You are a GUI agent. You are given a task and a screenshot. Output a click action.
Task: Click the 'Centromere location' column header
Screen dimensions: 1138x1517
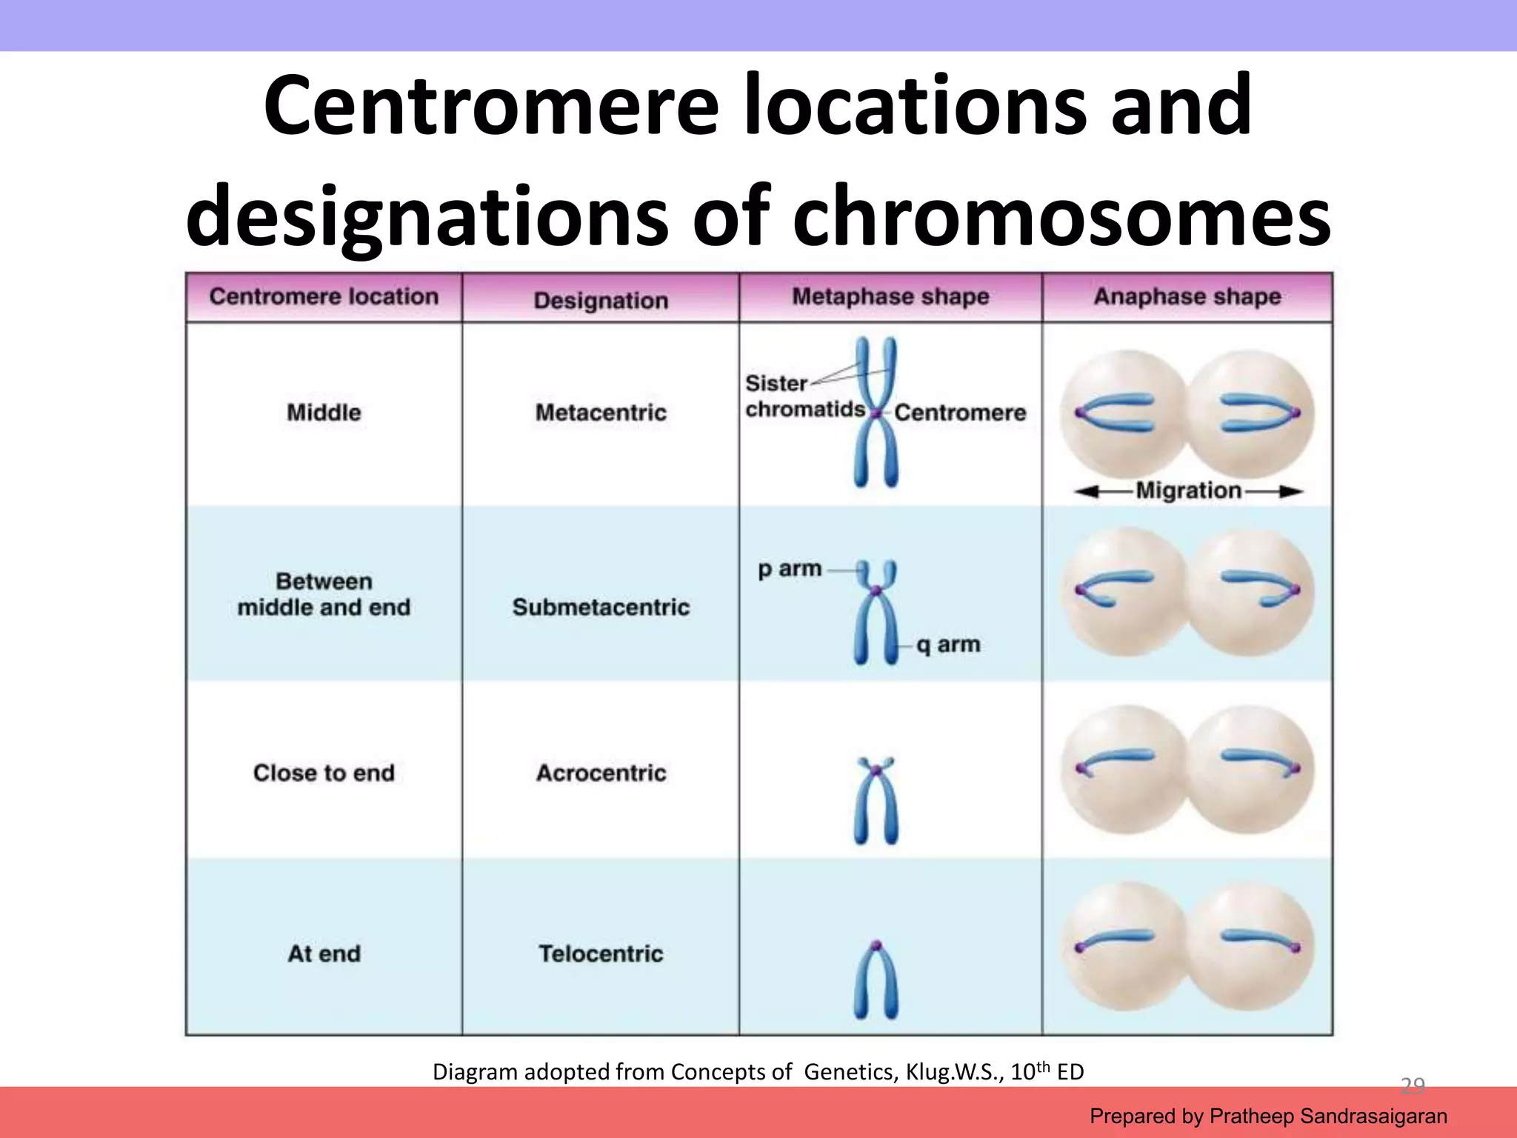(x=324, y=296)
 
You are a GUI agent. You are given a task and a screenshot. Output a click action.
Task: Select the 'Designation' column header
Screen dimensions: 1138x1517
(x=601, y=300)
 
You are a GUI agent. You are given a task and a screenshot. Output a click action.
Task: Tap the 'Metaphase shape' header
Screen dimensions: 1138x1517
(x=890, y=296)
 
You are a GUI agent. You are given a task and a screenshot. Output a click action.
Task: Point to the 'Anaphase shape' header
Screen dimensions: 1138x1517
(x=1187, y=296)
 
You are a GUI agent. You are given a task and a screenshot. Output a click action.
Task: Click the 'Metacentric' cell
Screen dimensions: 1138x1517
(x=601, y=412)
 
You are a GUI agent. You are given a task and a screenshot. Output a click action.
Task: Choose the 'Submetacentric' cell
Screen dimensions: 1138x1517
(x=601, y=607)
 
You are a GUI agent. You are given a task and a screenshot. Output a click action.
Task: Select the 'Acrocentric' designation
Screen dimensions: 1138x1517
(x=601, y=773)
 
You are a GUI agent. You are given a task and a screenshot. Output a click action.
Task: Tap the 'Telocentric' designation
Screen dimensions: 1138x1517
(x=601, y=954)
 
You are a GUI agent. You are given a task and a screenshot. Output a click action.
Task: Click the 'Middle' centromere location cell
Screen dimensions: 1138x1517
(x=324, y=412)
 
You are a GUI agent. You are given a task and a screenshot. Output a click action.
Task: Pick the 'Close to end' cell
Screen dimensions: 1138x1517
(x=324, y=773)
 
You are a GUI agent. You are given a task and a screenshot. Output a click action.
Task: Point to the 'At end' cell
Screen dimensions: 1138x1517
(x=324, y=954)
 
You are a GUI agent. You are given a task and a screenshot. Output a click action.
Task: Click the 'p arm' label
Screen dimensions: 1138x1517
(x=790, y=569)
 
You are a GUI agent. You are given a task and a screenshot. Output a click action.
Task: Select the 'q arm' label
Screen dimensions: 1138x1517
(x=948, y=645)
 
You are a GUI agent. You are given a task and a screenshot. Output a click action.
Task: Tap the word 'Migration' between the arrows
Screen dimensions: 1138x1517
(x=1188, y=490)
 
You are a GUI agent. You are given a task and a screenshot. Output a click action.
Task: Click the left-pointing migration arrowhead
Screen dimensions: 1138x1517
(x=1084, y=491)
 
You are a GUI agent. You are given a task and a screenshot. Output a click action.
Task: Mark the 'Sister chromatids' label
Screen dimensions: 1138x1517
(x=804, y=396)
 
